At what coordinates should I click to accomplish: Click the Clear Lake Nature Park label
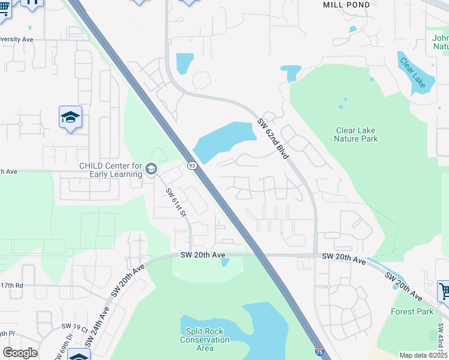click(x=356, y=134)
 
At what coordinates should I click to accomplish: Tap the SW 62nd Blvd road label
click(x=274, y=138)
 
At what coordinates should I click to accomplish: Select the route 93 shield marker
click(x=192, y=166)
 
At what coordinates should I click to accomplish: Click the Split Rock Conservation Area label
click(x=205, y=340)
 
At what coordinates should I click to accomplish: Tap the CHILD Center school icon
click(x=151, y=170)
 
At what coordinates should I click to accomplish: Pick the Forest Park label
click(x=412, y=311)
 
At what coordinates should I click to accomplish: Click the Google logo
click(x=20, y=353)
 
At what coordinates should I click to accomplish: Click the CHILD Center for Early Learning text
click(x=110, y=170)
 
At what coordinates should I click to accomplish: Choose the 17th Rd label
click(x=11, y=286)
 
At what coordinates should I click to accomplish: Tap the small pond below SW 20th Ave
click(x=224, y=262)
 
